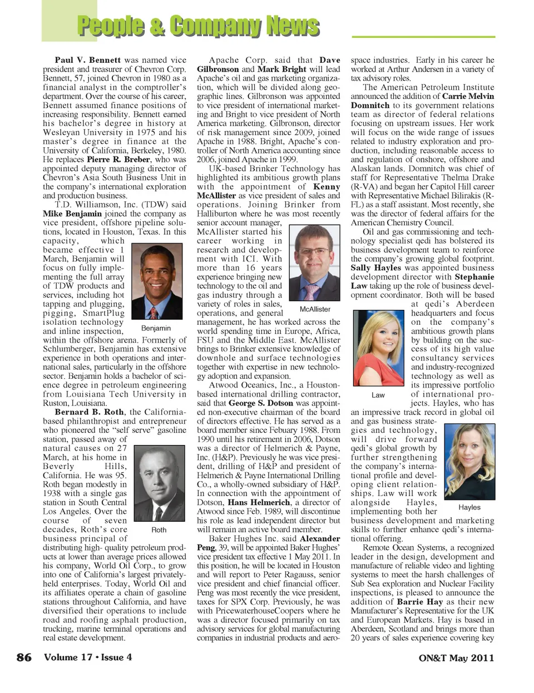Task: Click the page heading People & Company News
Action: pyautogui.click(x=198, y=26)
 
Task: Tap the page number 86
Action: pyautogui.click(x=24, y=657)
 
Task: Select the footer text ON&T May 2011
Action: pyautogui.click(x=456, y=658)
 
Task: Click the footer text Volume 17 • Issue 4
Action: pyautogui.click(x=88, y=657)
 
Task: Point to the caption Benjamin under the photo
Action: pyautogui.click(x=156, y=328)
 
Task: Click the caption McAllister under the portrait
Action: pyautogui.click(x=315, y=309)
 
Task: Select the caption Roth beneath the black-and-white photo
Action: pyautogui.click(x=159, y=530)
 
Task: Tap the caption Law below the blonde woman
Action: pyautogui.click(x=378, y=395)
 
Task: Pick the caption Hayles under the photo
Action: pyautogui.click(x=469, y=507)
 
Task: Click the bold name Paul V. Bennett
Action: pyautogui.click(x=88, y=60)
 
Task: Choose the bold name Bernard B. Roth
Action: pyautogui.click(x=89, y=412)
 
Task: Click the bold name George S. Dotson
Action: pyautogui.click(x=261, y=403)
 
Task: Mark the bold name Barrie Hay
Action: pyautogui.click(x=420, y=602)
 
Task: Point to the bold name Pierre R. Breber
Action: pyautogui.click(x=118, y=160)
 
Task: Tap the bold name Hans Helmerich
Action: pyautogui.click(x=259, y=502)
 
